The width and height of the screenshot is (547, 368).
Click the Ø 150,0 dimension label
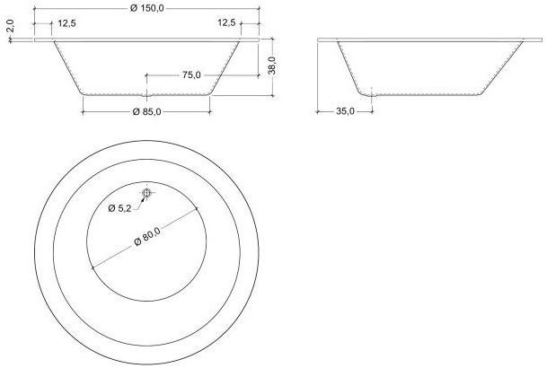point(146,7)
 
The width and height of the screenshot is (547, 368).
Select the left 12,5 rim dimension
point(66,22)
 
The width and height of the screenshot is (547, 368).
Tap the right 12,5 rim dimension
point(226,22)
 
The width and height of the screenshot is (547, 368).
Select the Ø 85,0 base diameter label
point(146,111)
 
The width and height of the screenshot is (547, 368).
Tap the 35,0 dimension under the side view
point(345,111)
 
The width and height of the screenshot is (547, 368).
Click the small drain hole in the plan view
point(146,193)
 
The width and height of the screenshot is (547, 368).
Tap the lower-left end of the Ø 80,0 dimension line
point(92,267)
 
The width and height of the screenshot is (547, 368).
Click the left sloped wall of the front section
point(66,67)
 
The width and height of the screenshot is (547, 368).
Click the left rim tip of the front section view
point(36,39)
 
